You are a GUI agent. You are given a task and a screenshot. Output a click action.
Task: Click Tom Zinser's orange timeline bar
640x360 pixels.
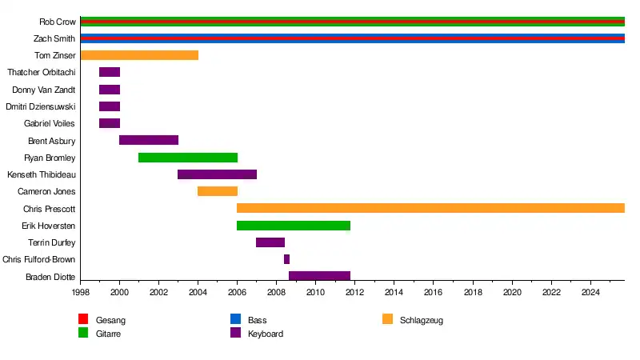click(x=139, y=55)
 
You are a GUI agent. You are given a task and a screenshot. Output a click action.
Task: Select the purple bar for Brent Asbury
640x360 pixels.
click(x=149, y=140)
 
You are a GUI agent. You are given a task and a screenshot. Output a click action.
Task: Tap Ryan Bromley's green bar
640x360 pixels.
click(x=188, y=158)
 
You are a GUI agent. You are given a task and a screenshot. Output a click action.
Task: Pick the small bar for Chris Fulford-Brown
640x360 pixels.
click(x=286, y=259)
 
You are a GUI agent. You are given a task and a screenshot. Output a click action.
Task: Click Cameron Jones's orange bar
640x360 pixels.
click(x=218, y=191)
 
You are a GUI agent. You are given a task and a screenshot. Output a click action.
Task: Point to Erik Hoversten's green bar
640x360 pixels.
click(x=294, y=226)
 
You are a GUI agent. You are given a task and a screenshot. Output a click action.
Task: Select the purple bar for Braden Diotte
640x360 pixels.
click(x=319, y=276)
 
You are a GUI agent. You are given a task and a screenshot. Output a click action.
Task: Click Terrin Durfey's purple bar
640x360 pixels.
click(x=270, y=242)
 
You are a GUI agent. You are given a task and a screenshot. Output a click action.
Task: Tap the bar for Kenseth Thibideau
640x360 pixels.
click(x=217, y=174)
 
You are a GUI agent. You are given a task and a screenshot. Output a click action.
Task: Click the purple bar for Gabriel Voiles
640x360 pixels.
click(x=110, y=123)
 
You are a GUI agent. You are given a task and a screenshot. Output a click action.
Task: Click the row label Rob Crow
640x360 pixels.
click(x=58, y=22)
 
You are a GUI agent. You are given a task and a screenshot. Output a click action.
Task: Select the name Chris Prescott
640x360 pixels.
click(x=50, y=209)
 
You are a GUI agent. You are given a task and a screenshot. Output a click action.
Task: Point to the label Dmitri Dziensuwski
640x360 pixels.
click(x=41, y=106)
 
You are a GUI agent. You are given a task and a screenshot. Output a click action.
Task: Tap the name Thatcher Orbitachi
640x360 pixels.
click(x=42, y=73)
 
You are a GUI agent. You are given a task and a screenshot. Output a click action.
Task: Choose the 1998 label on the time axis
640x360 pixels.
click(x=81, y=294)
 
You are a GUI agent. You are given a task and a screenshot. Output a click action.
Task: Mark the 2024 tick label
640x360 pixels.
click(x=590, y=294)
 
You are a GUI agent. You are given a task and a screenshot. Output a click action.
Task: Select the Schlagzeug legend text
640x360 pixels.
click(x=422, y=321)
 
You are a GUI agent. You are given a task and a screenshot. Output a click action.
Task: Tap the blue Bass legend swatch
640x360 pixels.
click(x=236, y=320)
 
